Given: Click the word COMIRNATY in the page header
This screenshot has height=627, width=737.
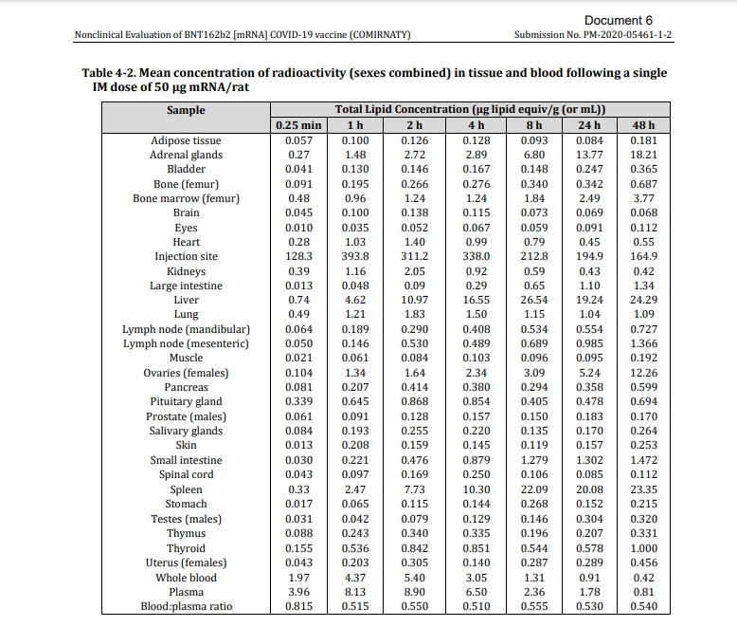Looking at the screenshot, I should [x=377, y=35].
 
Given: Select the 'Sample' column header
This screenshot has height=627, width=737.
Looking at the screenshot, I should [x=186, y=110].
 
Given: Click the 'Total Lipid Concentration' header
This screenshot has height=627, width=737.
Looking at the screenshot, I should [x=470, y=110].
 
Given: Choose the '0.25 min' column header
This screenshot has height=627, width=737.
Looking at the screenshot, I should [x=298, y=125].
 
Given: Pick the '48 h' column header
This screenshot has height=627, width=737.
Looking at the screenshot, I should [x=643, y=125].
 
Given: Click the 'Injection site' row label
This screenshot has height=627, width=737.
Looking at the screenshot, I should [x=186, y=257].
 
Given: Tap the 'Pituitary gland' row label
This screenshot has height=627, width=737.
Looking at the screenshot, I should [x=186, y=402].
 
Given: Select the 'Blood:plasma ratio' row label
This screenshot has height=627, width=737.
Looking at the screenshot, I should [x=186, y=607].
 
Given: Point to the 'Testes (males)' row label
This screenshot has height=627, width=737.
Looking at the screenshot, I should [x=186, y=519].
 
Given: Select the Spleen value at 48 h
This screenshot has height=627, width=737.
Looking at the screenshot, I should [x=643, y=490].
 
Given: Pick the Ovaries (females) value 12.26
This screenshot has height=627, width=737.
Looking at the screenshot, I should [x=643, y=374].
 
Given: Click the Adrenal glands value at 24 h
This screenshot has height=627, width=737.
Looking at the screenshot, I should [x=589, y=155].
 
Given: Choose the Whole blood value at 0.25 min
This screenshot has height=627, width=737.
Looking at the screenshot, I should [x=298, y=578].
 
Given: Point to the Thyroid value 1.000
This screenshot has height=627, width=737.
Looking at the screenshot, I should [x=643, y=548].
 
